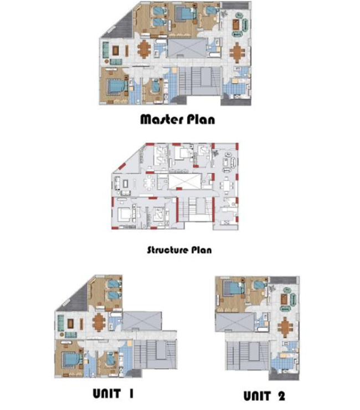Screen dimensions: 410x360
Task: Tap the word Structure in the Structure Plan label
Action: point(167,250)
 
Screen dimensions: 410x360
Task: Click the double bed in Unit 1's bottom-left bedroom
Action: point(69,358)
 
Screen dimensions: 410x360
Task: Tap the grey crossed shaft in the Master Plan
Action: point(186,47)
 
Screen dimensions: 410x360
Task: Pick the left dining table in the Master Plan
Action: point(143,48)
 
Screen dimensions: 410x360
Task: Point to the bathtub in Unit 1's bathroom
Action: point(116,318)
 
